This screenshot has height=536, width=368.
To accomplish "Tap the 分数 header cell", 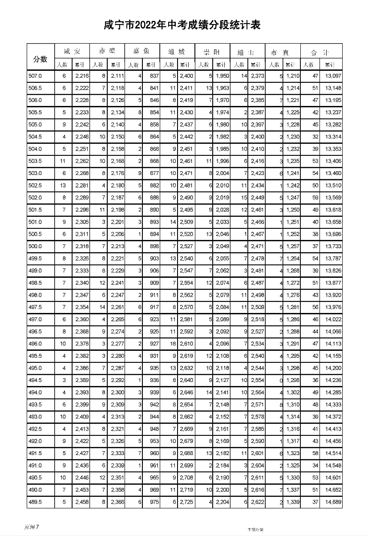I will [40, 58].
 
